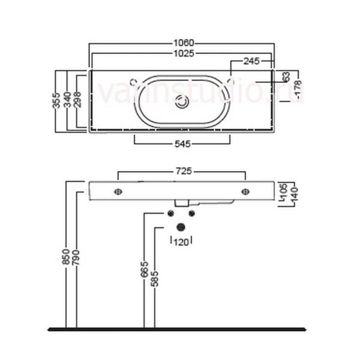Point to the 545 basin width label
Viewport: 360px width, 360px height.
[182, 144]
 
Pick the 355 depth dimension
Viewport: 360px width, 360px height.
[55, 100]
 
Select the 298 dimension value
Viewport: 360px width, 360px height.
[77, 100]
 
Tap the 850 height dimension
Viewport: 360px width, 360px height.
[66, 257]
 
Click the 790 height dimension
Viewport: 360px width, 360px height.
[76, 257]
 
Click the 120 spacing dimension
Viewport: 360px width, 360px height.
[181, 241]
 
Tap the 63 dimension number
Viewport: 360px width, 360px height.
[286, 77]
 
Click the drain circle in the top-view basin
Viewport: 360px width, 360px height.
[182, 103]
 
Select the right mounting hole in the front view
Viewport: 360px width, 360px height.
[245, 192]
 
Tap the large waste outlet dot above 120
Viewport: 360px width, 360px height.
[181, 227]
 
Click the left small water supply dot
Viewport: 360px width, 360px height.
[170, 213]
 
